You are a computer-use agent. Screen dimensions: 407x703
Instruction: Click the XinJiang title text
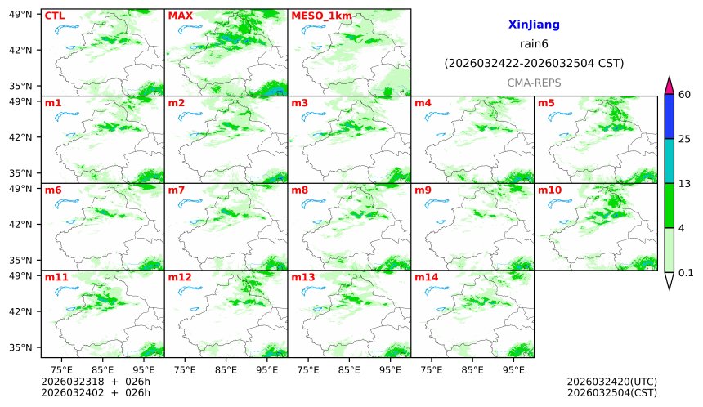(x=533, y=25)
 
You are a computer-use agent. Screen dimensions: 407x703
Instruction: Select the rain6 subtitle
(x=533, y=44)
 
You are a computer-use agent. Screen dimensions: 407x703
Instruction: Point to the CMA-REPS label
(x=533, y=83)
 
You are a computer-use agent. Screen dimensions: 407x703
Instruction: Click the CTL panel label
(x=55, y=16)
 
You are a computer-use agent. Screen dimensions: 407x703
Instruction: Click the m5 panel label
(x=546, y=103)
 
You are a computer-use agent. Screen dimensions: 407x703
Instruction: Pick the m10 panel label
(x=549, y=190)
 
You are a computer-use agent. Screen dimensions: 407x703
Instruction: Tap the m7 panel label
(x=177, y=190)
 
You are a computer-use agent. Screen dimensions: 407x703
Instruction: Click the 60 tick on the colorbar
(x=686, y=95)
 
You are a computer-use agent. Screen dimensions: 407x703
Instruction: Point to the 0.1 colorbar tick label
(x=687, y=273)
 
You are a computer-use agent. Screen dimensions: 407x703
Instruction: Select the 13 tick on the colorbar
(x=686, y=183)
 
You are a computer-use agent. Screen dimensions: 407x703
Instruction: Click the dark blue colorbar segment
(x=669, y=116)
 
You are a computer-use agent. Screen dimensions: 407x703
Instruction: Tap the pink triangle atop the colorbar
(x=669, y=84)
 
